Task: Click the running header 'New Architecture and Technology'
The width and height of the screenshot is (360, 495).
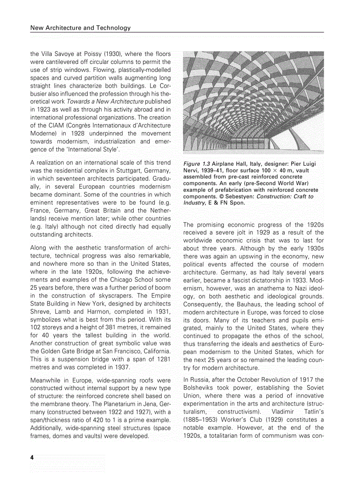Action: tap(80, 28)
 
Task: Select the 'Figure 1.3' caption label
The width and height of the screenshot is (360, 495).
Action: tap(197, 164)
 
